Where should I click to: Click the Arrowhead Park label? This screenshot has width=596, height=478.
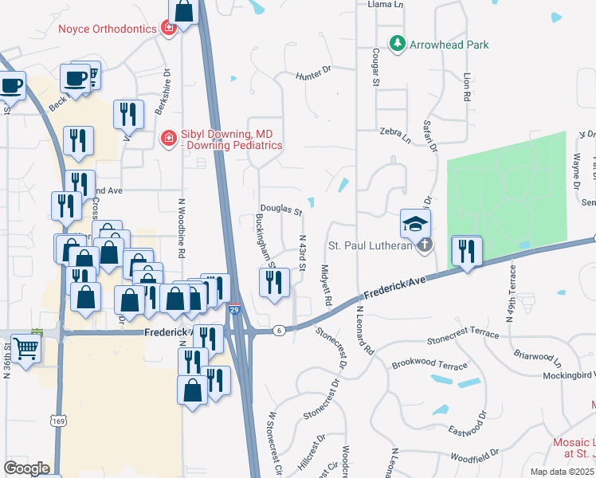tap(449, 45)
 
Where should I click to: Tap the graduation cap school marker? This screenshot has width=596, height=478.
tap(416, 225)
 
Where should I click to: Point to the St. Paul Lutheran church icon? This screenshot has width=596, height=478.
tap(424, 245)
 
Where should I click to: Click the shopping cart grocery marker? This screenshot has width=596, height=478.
tap(25, 348)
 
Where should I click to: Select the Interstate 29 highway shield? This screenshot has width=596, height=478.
tap(234, 309)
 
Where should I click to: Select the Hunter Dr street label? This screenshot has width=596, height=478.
tap(312, 74)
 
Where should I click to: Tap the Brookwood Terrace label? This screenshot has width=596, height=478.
tap(429, 365)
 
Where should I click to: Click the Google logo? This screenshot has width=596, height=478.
tap(26, 468)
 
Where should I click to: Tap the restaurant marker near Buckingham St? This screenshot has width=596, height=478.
tap(273, 282)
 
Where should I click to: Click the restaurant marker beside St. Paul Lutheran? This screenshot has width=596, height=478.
tap(466, 251)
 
